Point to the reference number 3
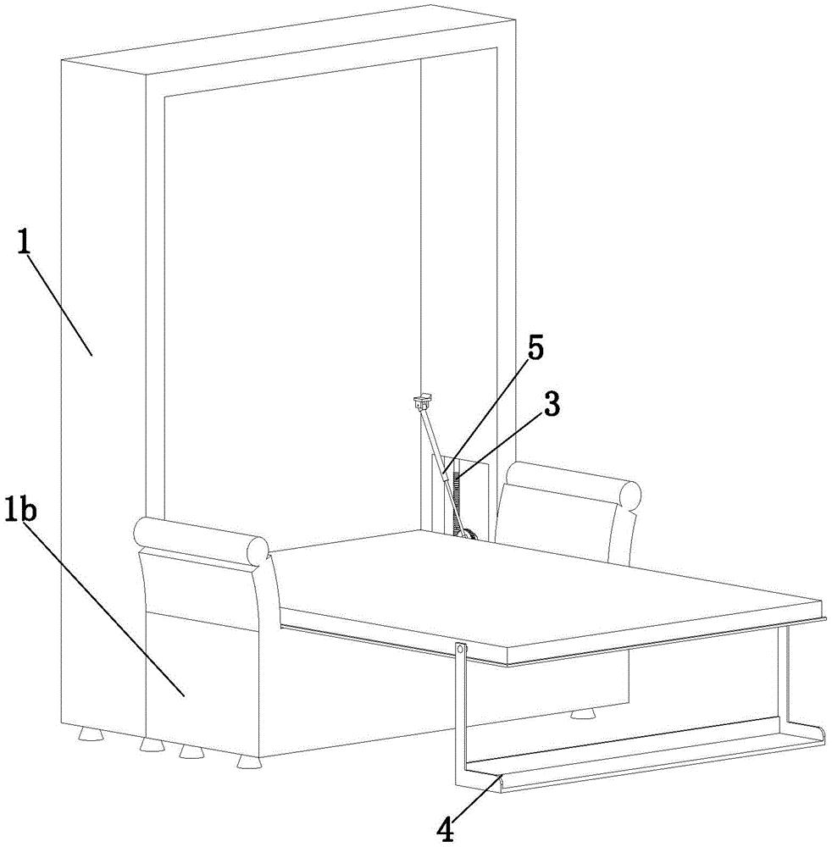(551, 405)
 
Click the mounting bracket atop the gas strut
(420, 400)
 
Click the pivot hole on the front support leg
(460, 650)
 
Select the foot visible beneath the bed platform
(581, 713)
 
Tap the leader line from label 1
(59, 301)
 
